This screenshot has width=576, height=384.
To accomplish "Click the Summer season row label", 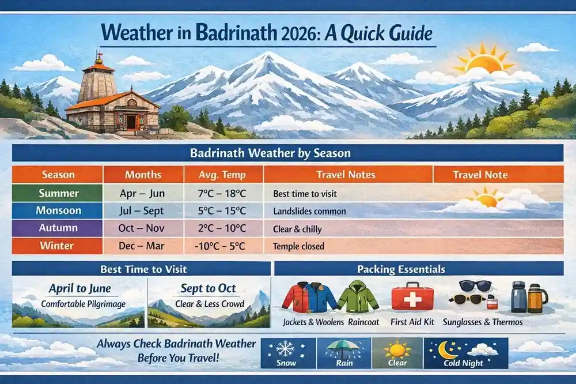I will pyautogui.click(x=57, y=193).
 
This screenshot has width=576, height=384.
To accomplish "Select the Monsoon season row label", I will pyautogui.click(x=57, y=210).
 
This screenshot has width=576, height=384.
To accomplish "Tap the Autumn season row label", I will pyautogui.click(x=57, y=228).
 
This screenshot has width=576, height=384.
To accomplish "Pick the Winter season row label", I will pyautogui.click(x=57, y=246).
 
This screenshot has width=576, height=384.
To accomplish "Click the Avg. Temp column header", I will pyautogui.click(x=223, y=174).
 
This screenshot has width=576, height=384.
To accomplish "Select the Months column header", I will pyautogui.click(x=143, y=174).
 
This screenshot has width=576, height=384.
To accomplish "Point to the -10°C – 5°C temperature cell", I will pyautogui.click(x=223, y=246).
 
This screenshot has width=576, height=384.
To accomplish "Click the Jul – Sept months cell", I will pyautogui.click(x=143, y=210).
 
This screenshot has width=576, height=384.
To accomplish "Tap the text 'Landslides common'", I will pyautogui.click(x=309, y=211).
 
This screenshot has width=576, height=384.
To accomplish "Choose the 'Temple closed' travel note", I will pyautogui.click(x=298, y=246).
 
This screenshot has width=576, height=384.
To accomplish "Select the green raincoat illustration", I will pyautogui.click(x=358, y=296).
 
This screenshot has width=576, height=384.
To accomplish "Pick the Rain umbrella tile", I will pyautogui.click(x=343, y=353).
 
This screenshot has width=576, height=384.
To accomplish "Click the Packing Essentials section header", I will pyautogui.click(x=419, y=269).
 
